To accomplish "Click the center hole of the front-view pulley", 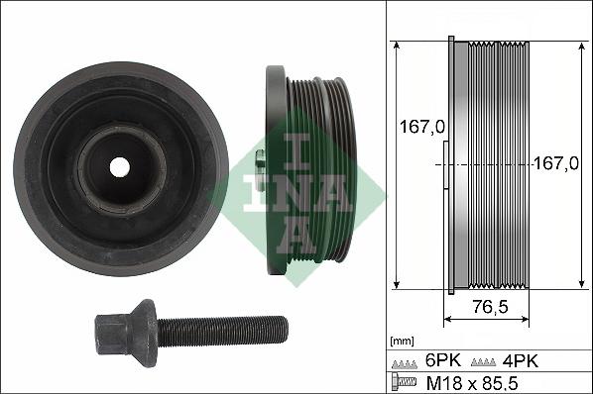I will click(119, 167).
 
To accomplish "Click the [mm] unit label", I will click(402, 340).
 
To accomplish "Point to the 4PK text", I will click(522, 360).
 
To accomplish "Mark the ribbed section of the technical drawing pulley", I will click(501, 164).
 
